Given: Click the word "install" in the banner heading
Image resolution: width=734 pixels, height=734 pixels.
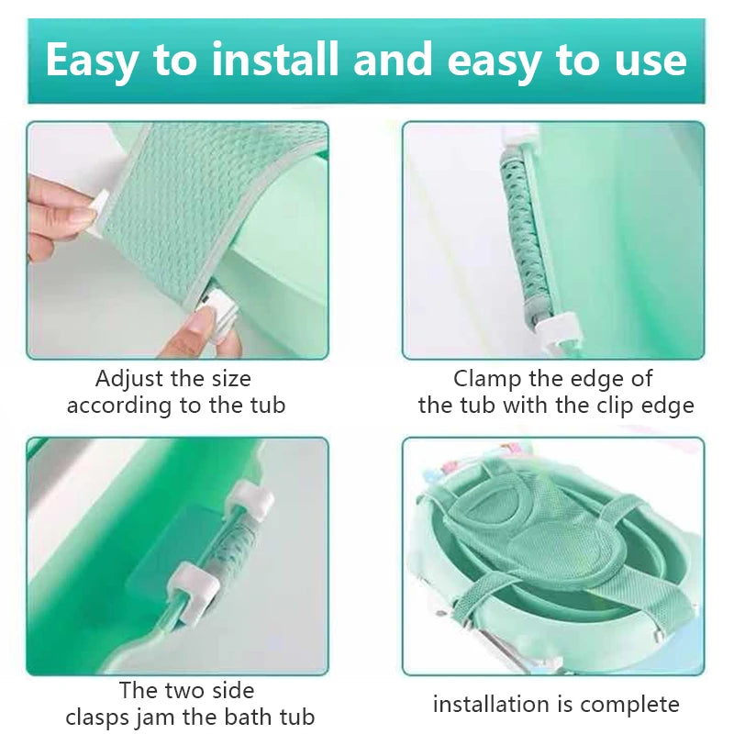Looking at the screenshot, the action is point(275,59).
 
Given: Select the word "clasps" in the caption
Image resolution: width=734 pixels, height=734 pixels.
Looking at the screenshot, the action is point(97,717).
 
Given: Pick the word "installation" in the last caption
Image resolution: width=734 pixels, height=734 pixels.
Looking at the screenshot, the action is point(491,704).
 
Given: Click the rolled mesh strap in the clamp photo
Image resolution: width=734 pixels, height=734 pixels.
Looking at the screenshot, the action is point(520,239).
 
